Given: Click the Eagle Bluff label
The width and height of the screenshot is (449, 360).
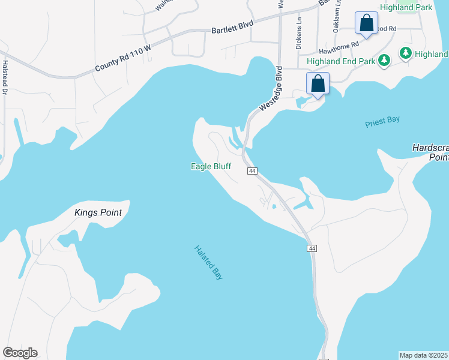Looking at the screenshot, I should pos(211,166).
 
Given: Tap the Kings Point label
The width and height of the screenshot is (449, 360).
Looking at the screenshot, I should pos(98,212).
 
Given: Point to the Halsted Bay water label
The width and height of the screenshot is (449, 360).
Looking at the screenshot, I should pos(208,263).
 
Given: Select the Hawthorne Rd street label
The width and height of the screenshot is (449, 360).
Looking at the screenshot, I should pos(339,44).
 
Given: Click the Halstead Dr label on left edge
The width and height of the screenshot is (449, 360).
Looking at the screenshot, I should pos(4,78).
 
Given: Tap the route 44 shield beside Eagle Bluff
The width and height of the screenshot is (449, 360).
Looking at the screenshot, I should pos(252,172).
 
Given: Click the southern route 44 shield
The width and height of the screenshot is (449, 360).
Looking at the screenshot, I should pos(311,248).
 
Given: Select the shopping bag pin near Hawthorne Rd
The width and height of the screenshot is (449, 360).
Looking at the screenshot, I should pos(366,23).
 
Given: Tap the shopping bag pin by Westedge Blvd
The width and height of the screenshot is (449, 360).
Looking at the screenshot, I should pos(318,83).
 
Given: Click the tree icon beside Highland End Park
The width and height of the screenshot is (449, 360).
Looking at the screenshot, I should pos(384,61).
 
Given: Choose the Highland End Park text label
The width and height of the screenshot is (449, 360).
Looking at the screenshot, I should pos(341,61).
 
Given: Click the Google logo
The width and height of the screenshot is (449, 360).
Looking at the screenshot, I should pos(20,353).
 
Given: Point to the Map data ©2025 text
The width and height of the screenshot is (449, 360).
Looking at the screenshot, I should pos(424,355).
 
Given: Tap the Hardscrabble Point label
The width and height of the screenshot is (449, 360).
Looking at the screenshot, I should pos(430,152).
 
